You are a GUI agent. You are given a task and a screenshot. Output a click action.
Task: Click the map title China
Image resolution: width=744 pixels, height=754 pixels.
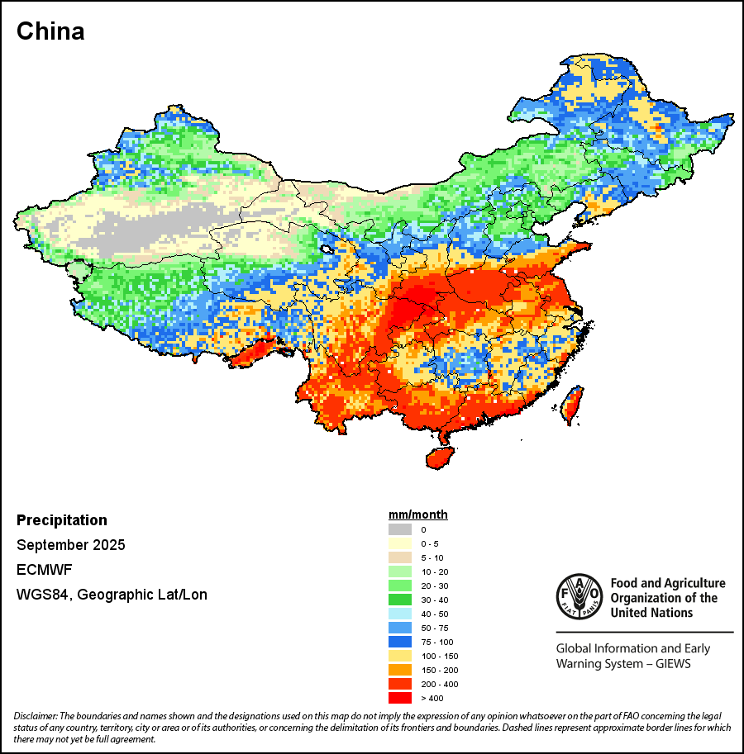point(50,32)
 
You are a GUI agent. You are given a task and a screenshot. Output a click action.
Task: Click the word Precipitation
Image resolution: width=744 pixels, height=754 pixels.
point(62,520)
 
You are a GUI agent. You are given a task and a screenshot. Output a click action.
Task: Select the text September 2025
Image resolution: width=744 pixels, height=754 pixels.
point(71,545)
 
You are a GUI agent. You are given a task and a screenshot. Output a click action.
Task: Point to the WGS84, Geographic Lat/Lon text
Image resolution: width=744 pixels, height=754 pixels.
point(112,595)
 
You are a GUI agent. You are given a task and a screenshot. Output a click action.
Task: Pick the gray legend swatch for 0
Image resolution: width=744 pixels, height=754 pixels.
point(399,529)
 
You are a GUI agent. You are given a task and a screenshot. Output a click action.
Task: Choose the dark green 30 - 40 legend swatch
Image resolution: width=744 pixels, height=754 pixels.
point(399,600)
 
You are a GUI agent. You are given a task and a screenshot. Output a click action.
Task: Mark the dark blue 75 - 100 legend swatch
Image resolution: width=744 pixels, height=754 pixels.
point(399,642)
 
